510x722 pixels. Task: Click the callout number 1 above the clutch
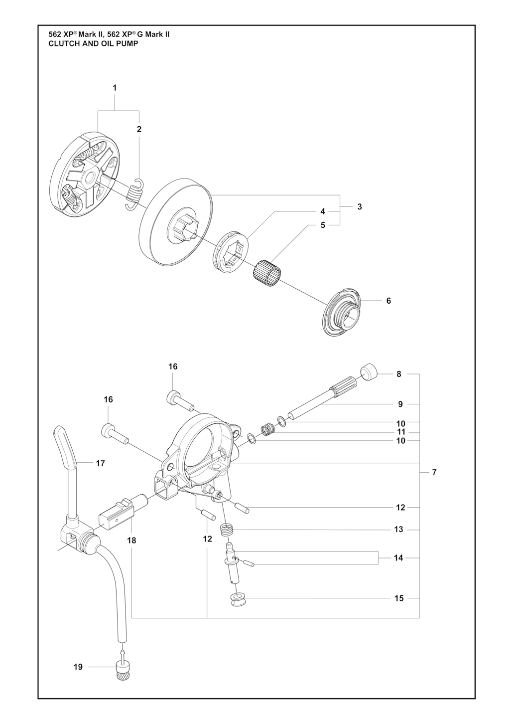click(115, 88)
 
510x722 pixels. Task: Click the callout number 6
click(388, 301)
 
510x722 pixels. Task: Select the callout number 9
click(400, 404)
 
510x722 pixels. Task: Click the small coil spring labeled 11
click(268, 430)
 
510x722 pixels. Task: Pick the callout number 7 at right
click(434, 473)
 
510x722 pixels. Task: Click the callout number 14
click(398, 558)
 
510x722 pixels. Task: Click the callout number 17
click(101, 464)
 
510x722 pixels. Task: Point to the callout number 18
click(131, 541)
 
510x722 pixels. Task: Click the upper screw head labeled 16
click(173, 395)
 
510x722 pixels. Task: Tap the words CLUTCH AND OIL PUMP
click(93, 44)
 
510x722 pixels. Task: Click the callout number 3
click(360, 207)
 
